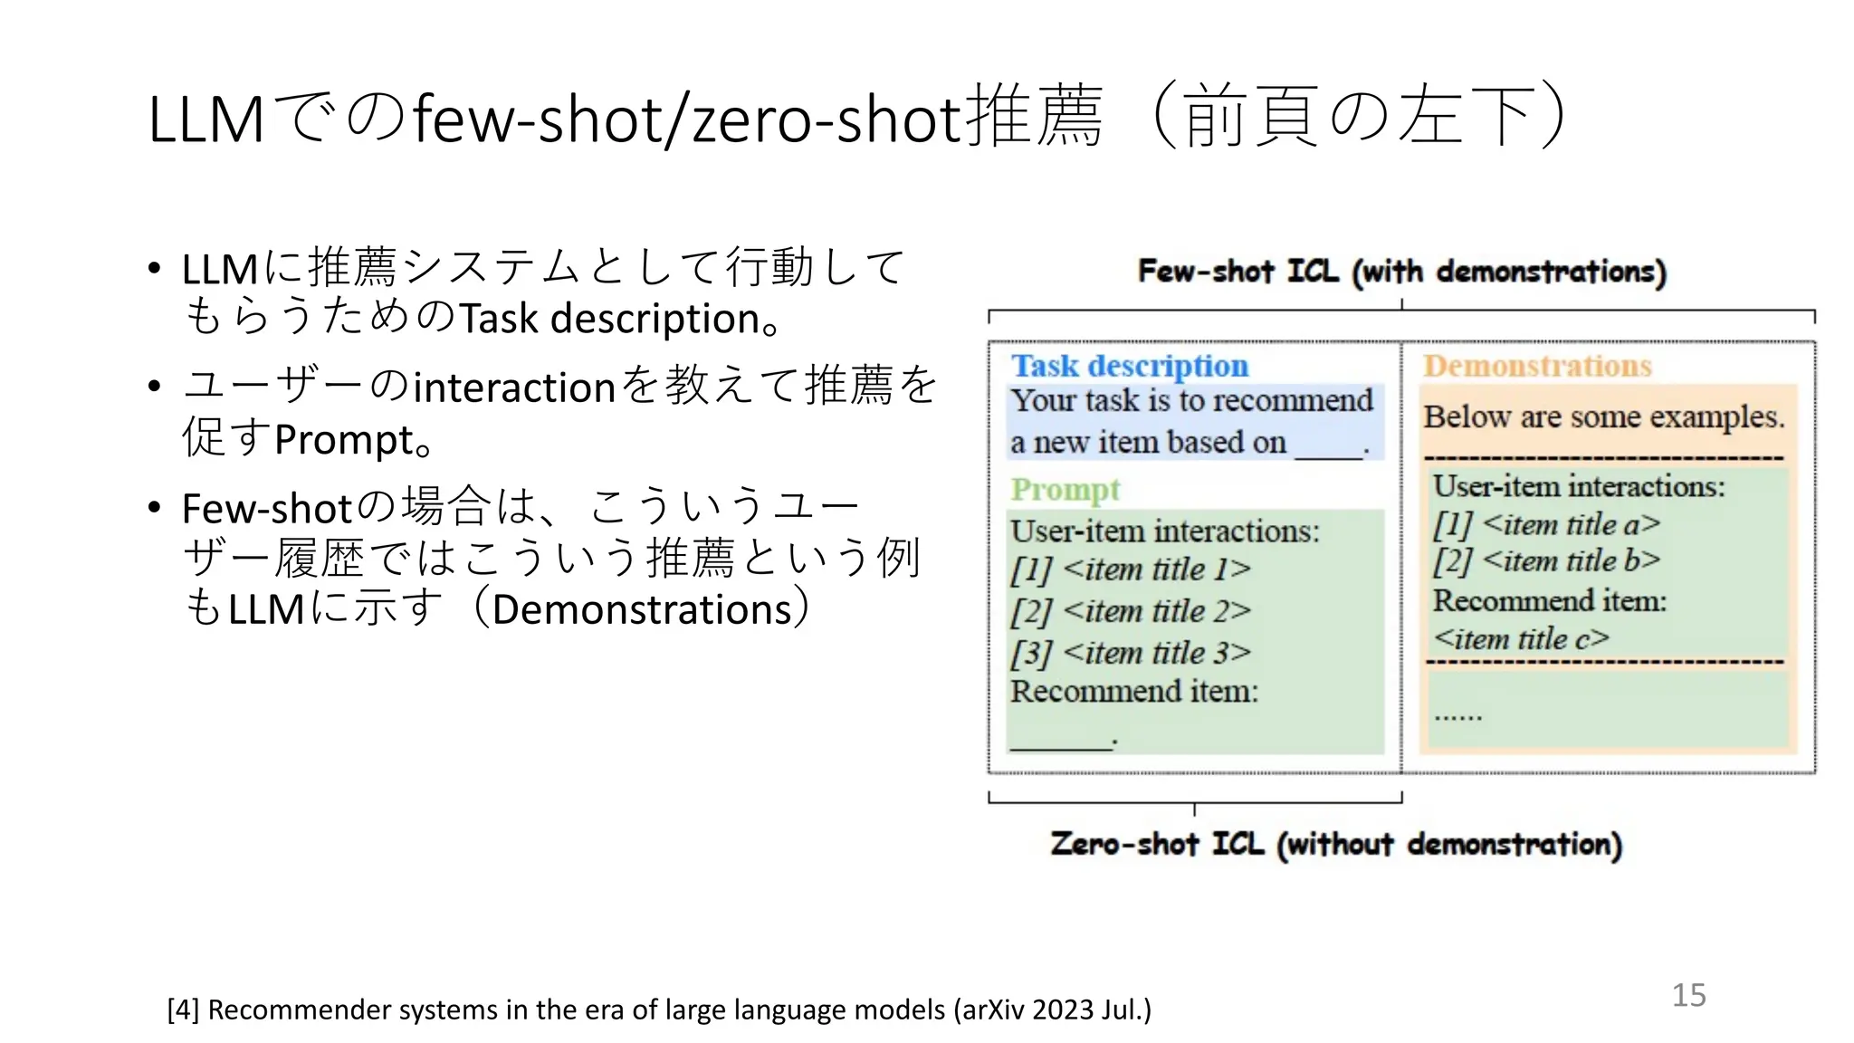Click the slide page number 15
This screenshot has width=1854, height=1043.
1688,995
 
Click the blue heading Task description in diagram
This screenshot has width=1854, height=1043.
1129,366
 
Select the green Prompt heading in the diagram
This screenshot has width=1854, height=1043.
1065,490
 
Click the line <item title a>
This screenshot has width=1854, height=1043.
1572,524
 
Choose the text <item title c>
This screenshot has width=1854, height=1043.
1521,639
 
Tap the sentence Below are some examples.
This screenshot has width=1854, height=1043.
1603,416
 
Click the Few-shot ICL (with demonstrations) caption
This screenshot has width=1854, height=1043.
1401,271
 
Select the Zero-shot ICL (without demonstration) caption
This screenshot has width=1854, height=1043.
1335,844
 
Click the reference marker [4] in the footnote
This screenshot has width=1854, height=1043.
183,1010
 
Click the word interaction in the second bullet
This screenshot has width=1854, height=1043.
514,388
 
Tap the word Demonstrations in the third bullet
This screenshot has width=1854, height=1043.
642,609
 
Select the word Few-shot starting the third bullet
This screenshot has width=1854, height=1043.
265,509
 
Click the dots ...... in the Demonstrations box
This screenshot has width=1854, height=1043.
1457,716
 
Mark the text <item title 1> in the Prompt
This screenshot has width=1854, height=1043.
1157,569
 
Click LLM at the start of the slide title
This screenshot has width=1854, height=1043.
205,119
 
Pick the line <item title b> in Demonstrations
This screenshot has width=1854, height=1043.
1572,561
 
